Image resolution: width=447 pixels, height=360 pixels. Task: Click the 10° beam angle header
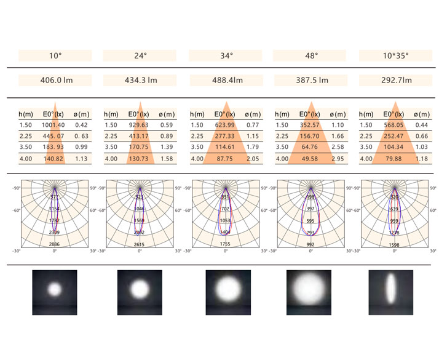point(55,55)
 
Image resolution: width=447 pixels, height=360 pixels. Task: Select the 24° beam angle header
point(141,55)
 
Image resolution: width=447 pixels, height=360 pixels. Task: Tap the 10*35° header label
point(395,55)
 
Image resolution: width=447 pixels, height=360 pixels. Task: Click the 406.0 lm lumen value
point(55,80)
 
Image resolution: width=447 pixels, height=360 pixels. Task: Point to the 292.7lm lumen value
point(395,80)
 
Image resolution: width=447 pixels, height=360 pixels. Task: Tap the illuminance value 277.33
point(224,136)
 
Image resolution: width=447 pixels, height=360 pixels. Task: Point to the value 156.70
point(309,136)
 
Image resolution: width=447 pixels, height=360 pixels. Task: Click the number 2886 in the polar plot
point(55,244)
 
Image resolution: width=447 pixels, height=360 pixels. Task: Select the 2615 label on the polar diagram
point(140,244)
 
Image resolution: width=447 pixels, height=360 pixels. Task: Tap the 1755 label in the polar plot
point(225,244)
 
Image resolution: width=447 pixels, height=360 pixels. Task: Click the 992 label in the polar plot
point(310,244)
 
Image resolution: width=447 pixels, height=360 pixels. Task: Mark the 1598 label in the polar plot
point(395,244)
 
